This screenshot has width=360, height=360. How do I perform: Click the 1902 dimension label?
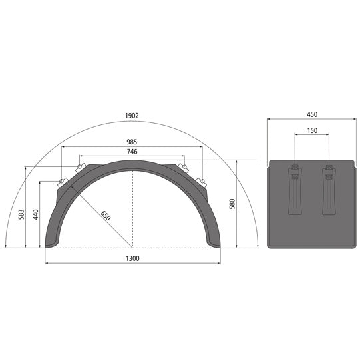click(x=132, y=116)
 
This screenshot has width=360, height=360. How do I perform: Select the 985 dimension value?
click(x=132, y=142)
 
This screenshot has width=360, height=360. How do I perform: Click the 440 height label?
click(x=35, y=216)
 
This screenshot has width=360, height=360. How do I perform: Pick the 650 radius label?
click(x=104, y=216)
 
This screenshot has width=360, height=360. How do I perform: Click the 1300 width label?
click(x=132, y=258)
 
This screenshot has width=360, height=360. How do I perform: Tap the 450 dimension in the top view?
click(x=311, y=114)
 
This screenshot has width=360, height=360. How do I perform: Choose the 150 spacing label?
click(x=311, y=131)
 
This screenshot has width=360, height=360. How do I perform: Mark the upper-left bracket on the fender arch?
click(x=83, y=167)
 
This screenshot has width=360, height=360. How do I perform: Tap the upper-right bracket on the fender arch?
click(x=182, y=167)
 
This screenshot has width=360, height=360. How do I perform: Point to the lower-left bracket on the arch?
click(x=63, y=182)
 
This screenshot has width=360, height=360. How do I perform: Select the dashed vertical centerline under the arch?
click(x=132, y=206)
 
